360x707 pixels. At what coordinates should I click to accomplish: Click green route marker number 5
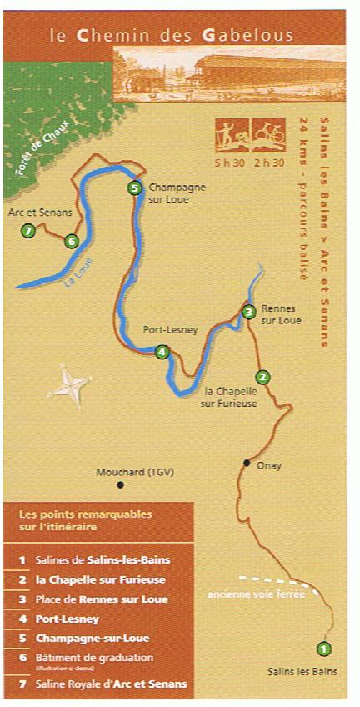pos(135,188)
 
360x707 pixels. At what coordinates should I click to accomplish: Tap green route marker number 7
pos(28,231)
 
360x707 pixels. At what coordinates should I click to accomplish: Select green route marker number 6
pos(71,242)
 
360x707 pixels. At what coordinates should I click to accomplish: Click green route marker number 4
pos(162,352)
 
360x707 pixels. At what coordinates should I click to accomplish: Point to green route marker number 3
pos(248,313)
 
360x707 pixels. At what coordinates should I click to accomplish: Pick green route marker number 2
pos(263,377)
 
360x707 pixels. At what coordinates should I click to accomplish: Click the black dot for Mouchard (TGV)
pos(121,484)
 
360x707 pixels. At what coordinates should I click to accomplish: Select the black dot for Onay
pos(247,462)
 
